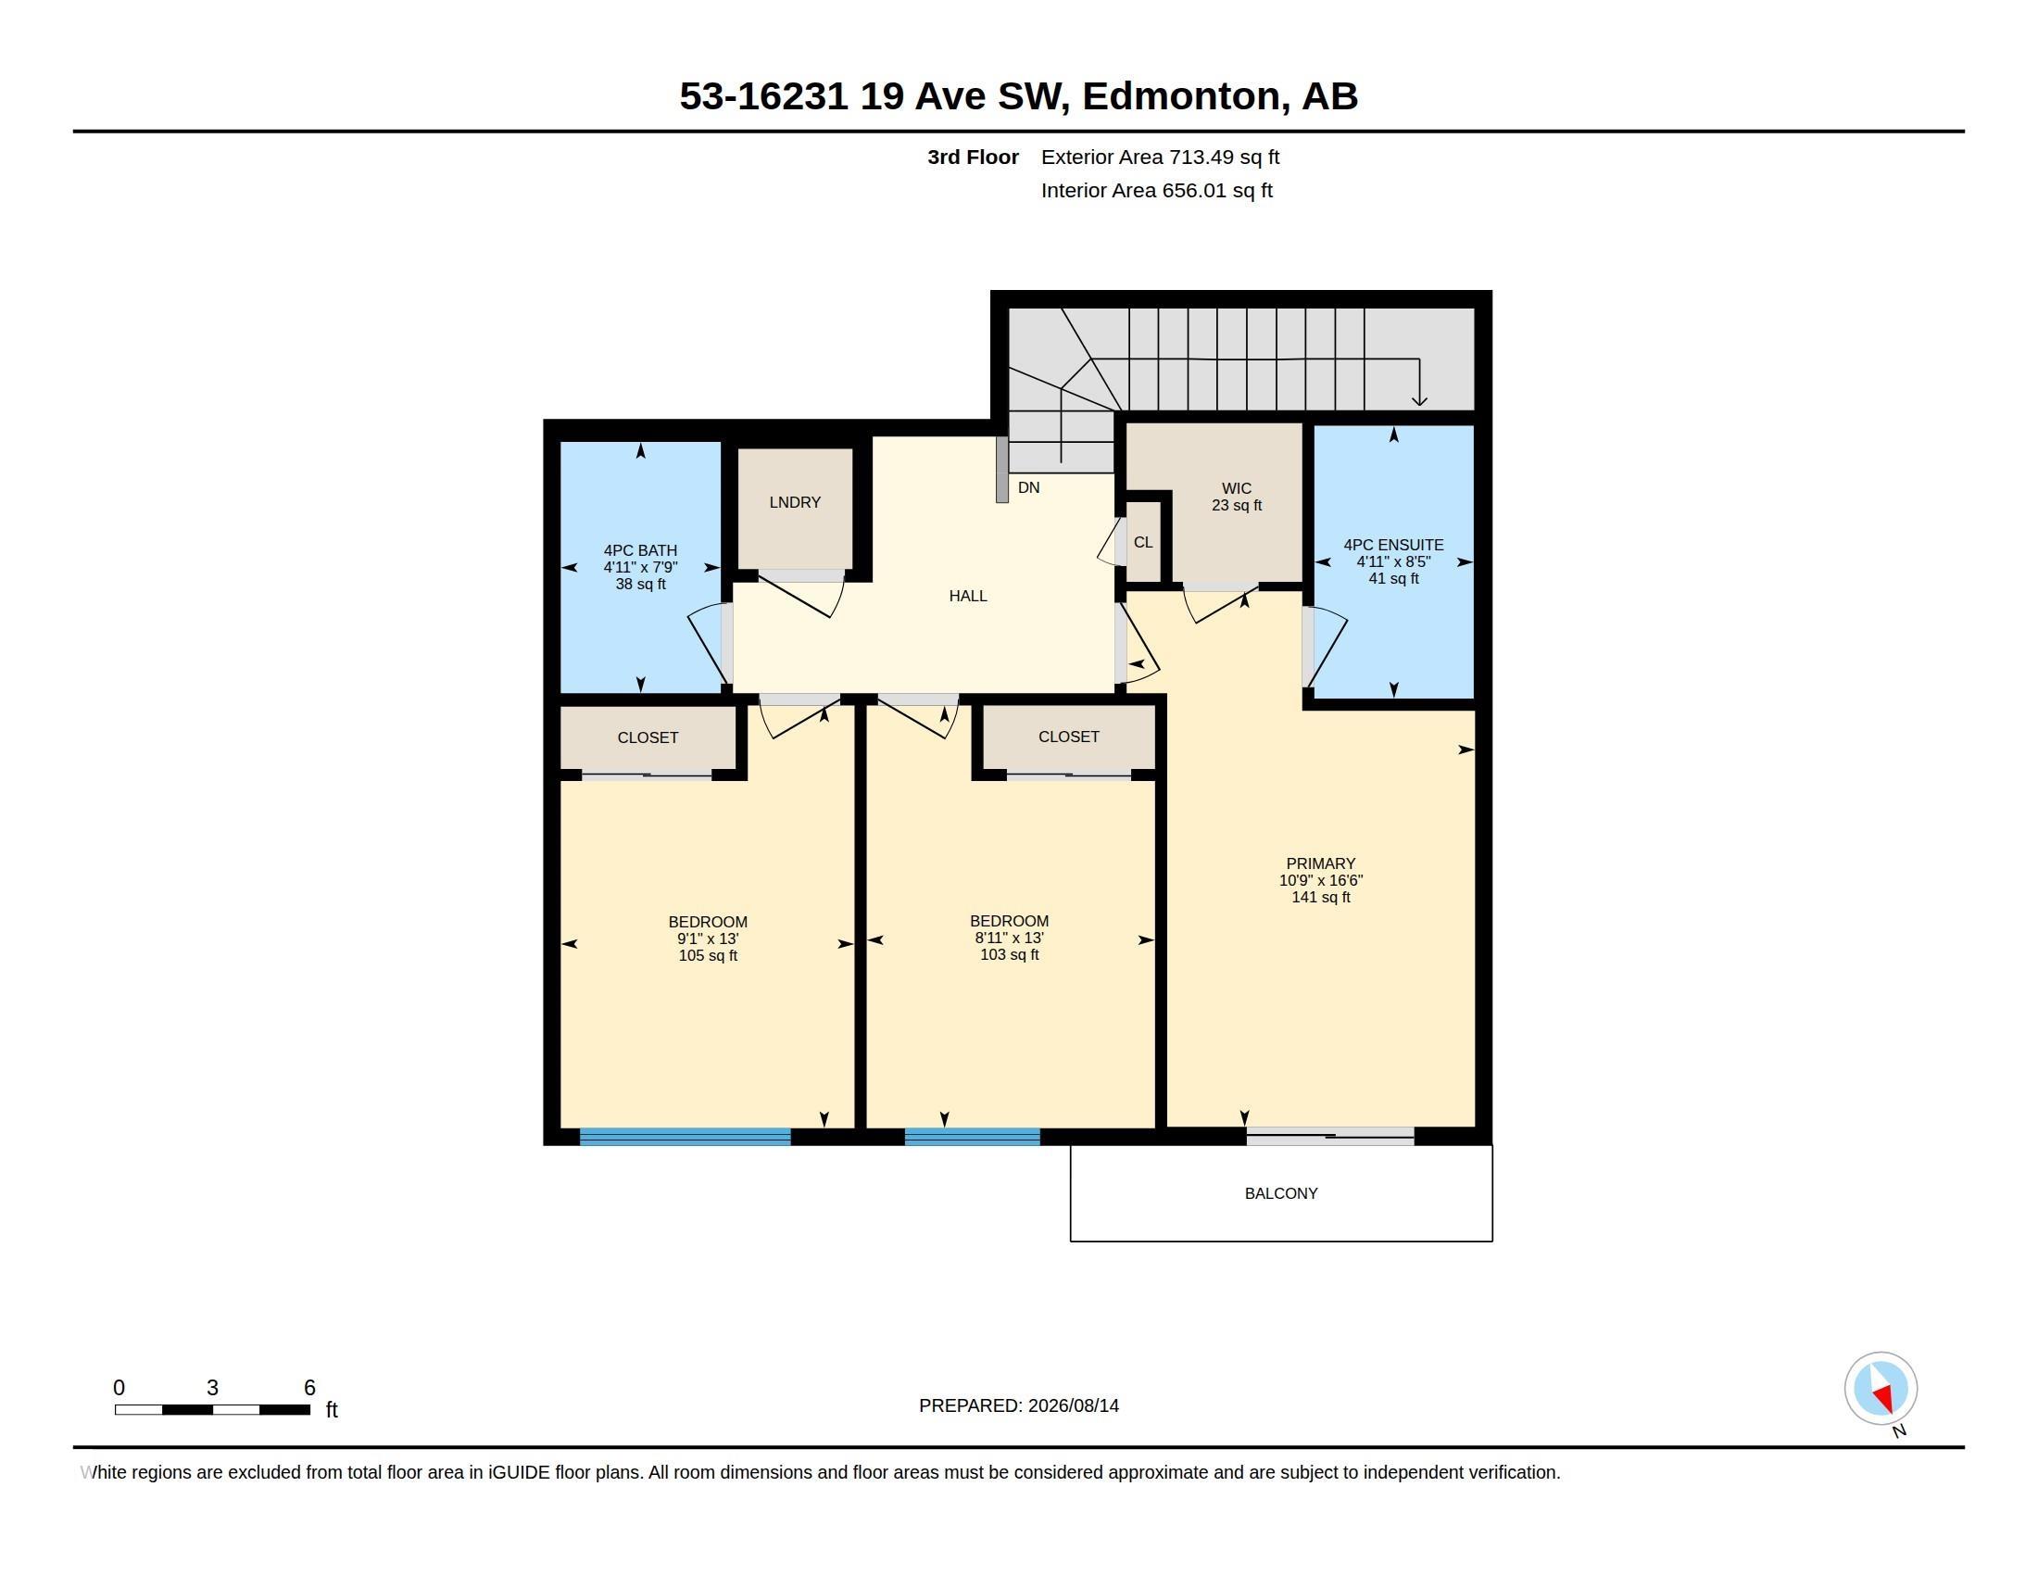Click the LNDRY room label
click(x=795, y=502)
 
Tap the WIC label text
click(x=1237, y=488)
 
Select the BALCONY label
click(x=1281, y=1193)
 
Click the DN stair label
click(x=1028, y=487)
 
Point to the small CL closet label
click(x=1143, y=542)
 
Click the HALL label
click(x=968, y=596)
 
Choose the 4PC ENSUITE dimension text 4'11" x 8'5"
click(x=1393, y=561)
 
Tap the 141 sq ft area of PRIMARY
click(x=1320, y=897)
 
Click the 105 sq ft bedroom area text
click(x=708, y=955)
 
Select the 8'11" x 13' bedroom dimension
click(x=1009, y=938)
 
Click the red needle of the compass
click(x=1884, y=1398)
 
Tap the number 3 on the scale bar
click(x=213, y=1388)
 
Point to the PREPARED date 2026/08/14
click(x=1073, y=1405)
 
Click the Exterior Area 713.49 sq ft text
click(x=1160, y=157)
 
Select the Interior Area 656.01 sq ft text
click(x=1156, y=190)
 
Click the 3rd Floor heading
click(x=973, y=157)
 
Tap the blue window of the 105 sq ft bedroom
click(x=685, y=1137)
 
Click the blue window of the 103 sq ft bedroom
click(x=973, y=1137)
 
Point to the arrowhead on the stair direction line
click(x=1419, y=400)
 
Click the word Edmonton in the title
click(x=1180, y=95)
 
